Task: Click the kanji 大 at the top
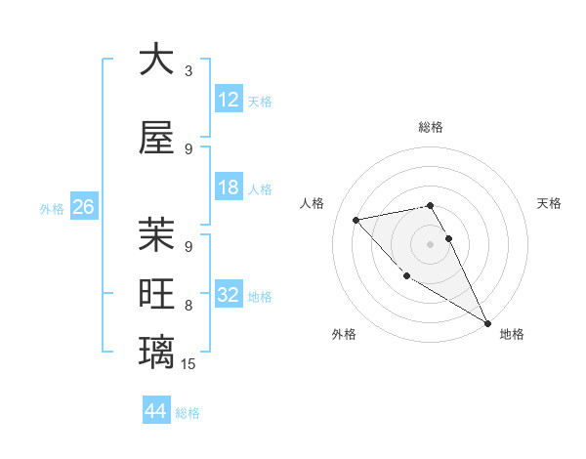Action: pos(156,61)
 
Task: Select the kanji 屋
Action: pos(156,138)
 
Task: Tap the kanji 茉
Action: pos(156,234)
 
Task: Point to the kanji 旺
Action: pos(156,294)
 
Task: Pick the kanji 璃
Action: pos(156,352)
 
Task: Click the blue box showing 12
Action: pos(229,100)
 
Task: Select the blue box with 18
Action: pos(229,188)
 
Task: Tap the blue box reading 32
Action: pos(229,295)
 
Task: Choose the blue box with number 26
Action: pos(83,207)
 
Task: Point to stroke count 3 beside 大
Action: pos(188,71)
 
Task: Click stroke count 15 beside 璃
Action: pos(189,364)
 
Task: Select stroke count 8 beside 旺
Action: pos(188,306)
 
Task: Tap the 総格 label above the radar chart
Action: pos(431,127)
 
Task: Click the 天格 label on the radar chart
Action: pos(549,203)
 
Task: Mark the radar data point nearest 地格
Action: pos(487,323)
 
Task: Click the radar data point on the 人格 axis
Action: pos(356,219)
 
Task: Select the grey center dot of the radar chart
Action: pos(430,243)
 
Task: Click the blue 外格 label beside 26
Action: pos(51,208)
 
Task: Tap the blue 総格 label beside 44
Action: pos(188,412)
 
